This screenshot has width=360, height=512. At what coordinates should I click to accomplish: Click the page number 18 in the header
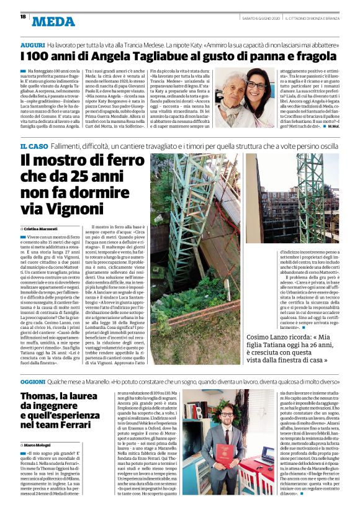(x=22, y=17)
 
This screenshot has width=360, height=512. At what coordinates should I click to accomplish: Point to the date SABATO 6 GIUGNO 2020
(x=256, y=17)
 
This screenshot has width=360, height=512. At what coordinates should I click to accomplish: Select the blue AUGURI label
(x=32, y=46)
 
